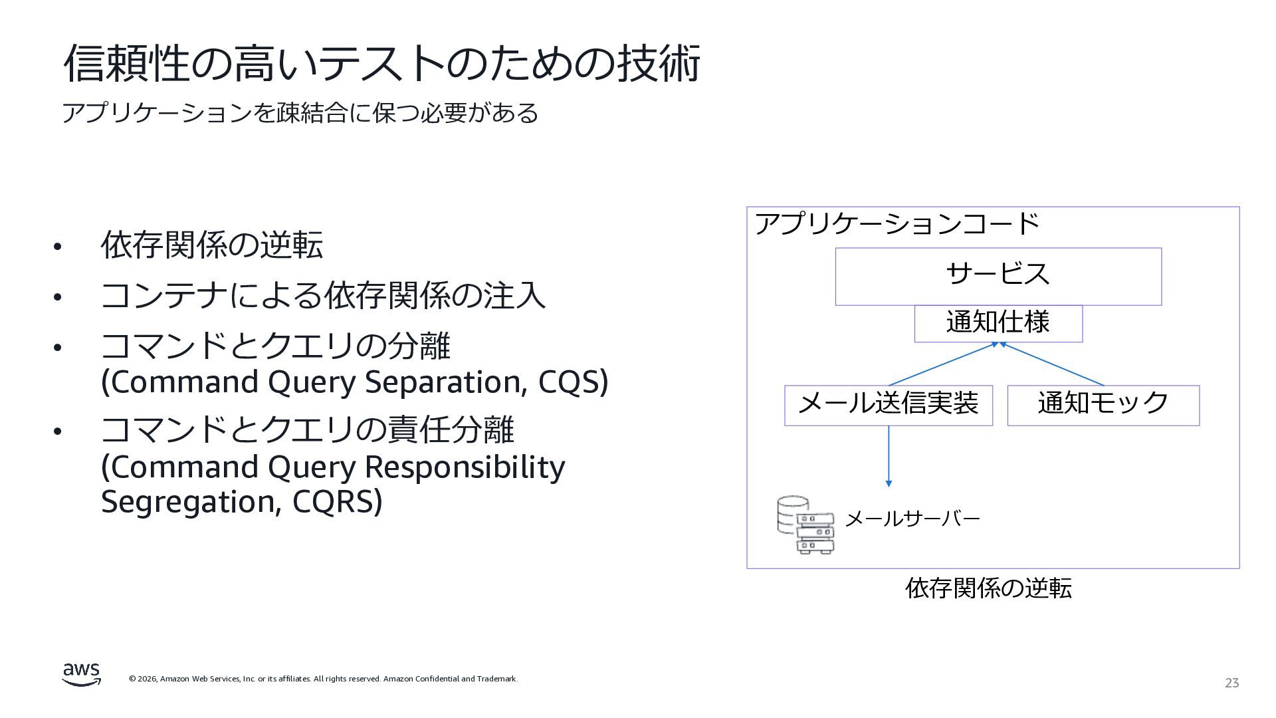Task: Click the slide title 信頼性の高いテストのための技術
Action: point(381,64)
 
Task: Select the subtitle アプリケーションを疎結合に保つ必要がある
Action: point(300,113)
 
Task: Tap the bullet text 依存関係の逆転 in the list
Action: point(211,245)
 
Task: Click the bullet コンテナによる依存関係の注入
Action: point(322,295)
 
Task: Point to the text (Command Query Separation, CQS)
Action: point(354,382)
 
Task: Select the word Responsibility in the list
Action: point(465,467)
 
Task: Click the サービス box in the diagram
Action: point(998,276)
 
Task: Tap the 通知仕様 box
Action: point(998,323)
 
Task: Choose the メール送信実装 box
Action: point(888,405)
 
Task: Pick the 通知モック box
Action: point(1103,405)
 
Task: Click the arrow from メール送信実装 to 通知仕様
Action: point(942,364)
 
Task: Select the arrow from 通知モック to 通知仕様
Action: point(1052,364)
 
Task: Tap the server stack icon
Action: point(805,525)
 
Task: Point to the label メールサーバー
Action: point(912,519)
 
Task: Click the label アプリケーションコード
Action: point(897,224)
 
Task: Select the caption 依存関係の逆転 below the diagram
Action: point(988,588)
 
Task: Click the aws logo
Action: point(82,674)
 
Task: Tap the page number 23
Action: point(1231,683)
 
